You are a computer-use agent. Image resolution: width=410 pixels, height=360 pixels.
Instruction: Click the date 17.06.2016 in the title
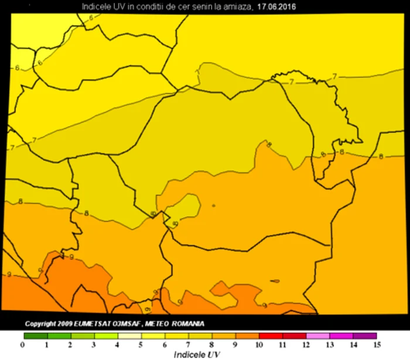pyautogui.click(x=276, y=8)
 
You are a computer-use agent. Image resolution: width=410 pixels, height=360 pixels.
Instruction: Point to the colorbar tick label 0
pyautogui.click(x=23, y=345)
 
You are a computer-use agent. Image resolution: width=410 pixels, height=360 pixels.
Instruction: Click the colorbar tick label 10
pyautogui.click(x=258, y=345)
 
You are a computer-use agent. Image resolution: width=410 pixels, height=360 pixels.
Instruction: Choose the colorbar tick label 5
pyautogui.click(x=141, y=345)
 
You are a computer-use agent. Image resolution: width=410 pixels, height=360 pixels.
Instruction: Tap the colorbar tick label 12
pyautogui.click(x=306, y=345)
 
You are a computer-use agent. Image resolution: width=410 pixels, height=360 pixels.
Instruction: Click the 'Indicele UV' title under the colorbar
pyautogui.click(x=197, y=354)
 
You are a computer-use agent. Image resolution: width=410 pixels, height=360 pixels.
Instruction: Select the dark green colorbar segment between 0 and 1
pyautogui.click(x=35, y=336)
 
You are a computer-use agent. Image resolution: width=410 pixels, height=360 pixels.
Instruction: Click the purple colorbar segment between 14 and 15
pyautogui.click(x=365, y=336)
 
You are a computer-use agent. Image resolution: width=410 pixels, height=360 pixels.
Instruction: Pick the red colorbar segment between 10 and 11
pyautogui.click(x=271, y=336)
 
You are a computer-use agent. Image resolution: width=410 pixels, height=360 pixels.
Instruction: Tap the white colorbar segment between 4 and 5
pyautogui.click(x=129, y=336)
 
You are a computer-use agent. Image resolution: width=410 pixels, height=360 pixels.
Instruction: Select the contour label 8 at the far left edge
pyautogui.click(x=21, y=201)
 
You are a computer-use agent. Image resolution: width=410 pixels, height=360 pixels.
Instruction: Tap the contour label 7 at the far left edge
pyautogui.click(x=13, y=147)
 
